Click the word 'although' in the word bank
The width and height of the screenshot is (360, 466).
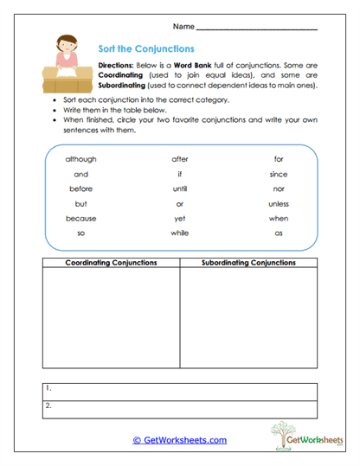tap(80, 159)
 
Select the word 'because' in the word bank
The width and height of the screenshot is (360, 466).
tap(80, 218)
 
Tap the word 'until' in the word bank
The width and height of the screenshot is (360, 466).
tap(179, 188)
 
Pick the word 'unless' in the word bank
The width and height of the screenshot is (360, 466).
tap(278, 203)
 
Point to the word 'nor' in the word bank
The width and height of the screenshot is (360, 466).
tap(278, 188)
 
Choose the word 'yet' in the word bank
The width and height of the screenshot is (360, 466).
tap(179, 218)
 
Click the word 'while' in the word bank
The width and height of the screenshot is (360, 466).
tap(179, 233)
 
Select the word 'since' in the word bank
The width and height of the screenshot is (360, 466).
tap(278, 174)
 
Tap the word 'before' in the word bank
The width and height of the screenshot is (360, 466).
tap(80, 188)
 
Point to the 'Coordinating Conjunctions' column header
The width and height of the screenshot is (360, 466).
tap(110, 262)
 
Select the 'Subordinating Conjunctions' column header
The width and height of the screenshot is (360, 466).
tap(248, 262)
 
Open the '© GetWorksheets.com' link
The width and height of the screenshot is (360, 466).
tap(179, 440)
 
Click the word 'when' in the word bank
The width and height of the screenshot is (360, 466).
tap(278, 218)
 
